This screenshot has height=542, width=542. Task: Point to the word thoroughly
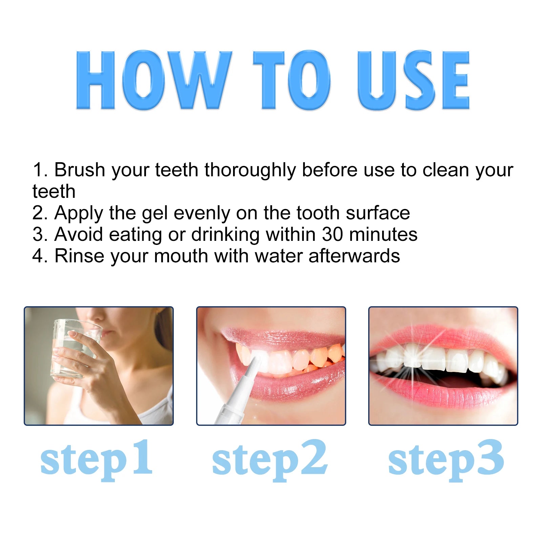(250, 170)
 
